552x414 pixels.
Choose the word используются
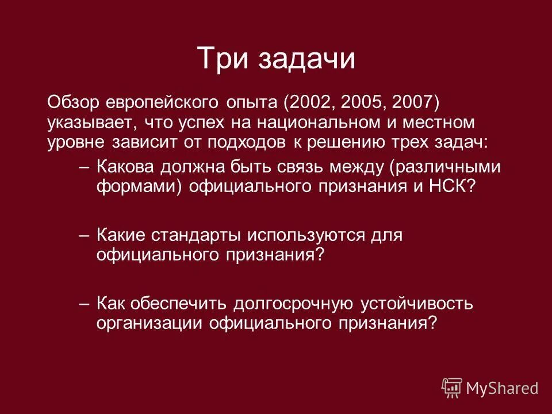(300, 235)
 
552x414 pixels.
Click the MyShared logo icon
(452, 387)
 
